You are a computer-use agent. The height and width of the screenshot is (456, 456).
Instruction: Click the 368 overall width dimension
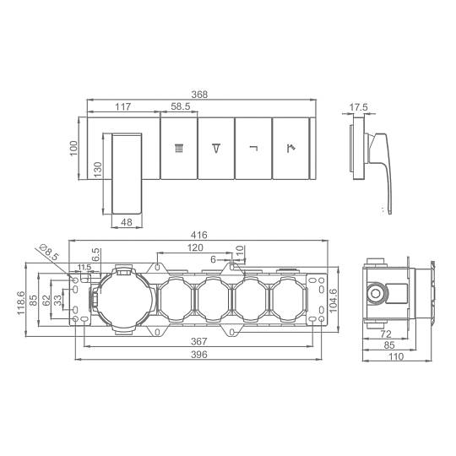point(199,95)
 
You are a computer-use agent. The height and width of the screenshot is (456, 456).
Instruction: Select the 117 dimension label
point(123,106)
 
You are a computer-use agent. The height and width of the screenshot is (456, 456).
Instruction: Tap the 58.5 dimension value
point(181,106)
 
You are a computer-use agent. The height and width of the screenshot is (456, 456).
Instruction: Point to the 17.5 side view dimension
point(358,107)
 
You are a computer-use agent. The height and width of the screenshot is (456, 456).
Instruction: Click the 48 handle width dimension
point(127,222)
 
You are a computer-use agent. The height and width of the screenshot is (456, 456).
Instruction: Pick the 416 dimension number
point(199,235)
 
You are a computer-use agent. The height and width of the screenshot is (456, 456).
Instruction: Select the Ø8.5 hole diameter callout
point(49,252)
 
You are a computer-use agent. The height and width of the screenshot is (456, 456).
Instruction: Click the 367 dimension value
point(199,341)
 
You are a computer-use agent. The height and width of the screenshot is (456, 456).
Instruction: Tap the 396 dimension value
point(199,355)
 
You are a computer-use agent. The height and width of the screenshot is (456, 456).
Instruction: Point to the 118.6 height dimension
point(20,302)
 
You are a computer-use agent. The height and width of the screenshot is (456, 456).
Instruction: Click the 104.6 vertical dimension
point(334,301)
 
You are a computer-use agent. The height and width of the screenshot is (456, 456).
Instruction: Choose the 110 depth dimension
point(396,356)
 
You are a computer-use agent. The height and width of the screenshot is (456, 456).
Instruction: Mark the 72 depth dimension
point(385,334)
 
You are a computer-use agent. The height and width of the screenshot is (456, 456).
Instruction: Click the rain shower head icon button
point(179,149)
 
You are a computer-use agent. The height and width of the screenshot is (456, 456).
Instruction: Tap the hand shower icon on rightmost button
point(290,149)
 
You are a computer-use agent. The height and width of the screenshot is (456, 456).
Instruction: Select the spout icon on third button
point(253,149)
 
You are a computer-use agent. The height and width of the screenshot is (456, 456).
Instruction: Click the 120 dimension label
point(195,247)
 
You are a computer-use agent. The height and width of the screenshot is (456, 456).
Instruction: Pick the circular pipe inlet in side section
point(376,294)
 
